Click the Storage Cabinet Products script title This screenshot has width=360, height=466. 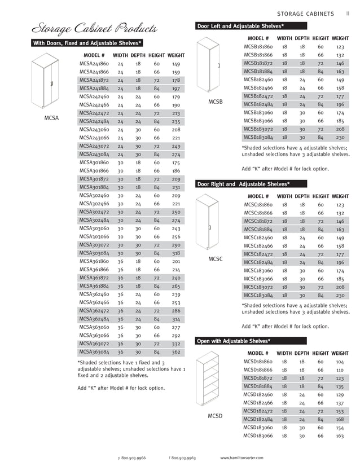coord(94,28)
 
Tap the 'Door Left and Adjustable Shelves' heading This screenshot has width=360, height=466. coord(240,26)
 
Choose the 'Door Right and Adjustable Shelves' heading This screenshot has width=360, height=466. coord(243,184)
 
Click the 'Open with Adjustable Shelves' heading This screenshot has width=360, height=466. coord(233,341)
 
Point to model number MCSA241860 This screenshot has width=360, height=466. coord(94,64)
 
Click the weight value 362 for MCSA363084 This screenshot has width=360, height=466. coord(175,352)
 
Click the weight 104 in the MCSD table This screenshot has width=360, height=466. coord(340,362)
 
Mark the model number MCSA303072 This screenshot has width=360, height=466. coord(94,245)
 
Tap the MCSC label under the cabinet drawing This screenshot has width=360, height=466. coord(216,259)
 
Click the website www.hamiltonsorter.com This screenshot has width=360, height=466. coord(241,458)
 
